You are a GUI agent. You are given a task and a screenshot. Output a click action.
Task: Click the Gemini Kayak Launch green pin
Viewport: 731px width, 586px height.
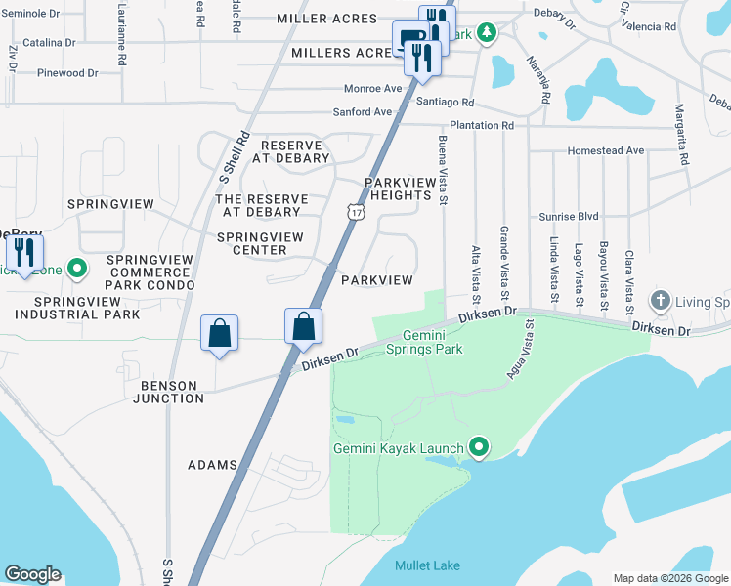pos(478,448)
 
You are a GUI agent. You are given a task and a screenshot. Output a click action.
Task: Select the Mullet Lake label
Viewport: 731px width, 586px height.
pos(427,565)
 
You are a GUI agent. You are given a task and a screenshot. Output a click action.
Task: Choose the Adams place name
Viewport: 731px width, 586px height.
pos(212,465)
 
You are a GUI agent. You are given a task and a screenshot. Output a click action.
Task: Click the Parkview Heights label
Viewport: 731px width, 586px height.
pos(398,188)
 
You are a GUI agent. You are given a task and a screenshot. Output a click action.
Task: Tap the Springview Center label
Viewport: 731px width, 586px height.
pos(252,243)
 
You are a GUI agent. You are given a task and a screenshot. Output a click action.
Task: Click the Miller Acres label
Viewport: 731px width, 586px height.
pos(326,19)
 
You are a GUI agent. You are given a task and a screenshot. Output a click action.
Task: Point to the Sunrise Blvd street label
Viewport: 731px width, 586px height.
pos(569,216)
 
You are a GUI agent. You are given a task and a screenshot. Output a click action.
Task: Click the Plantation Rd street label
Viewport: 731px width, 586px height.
pos(481,126)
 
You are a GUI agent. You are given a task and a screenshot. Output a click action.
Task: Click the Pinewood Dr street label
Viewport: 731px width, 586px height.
pos(67,73)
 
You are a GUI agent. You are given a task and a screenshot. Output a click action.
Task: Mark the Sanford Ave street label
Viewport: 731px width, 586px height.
pos(362,112)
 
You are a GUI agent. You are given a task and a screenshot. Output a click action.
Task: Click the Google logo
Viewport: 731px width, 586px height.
pos(32,574)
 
